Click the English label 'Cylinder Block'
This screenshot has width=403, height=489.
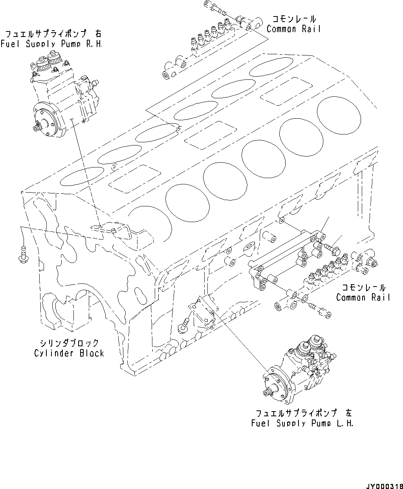tap(69, 353)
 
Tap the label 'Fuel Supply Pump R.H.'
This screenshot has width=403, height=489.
tap(51, 44)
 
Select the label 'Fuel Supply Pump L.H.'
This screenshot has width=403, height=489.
tap(302, 423)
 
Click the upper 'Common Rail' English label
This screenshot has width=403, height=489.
tap(293, 29)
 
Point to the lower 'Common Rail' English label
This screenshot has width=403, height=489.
tap(363, 297)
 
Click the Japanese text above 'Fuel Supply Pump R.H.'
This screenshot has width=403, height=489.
tap(52, 34)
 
